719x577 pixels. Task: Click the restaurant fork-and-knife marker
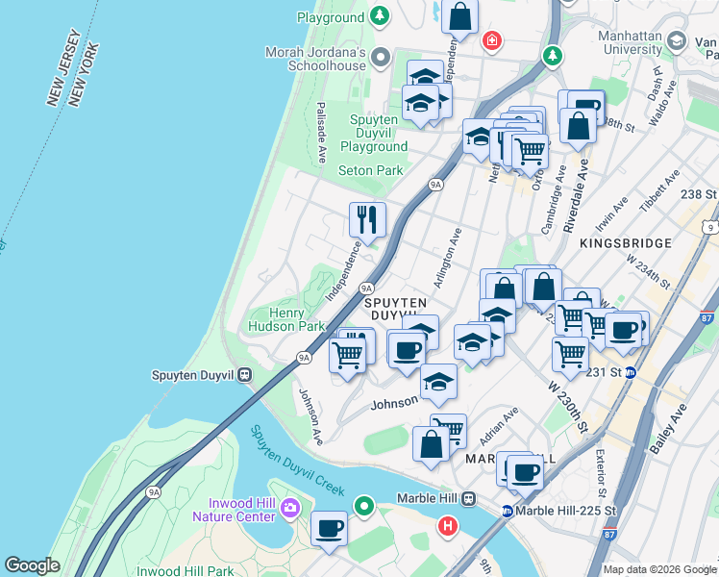click(367, 220)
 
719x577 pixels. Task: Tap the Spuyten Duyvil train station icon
click(245, 375)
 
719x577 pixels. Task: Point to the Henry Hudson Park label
click(285, 319)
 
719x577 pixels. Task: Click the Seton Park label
click(371, 170)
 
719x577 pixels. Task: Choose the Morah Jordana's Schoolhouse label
click(316, 58)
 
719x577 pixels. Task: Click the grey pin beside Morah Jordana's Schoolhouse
click(381, 56)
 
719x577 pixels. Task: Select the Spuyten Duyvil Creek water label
click(297, 461)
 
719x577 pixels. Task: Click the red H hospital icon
click(447, 526)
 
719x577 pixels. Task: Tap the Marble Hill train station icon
click(468, 498)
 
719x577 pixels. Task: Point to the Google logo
click(32, 565)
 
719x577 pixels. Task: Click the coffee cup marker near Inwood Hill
click(329, 529)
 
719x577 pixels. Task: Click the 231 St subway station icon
click(631, 372)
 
